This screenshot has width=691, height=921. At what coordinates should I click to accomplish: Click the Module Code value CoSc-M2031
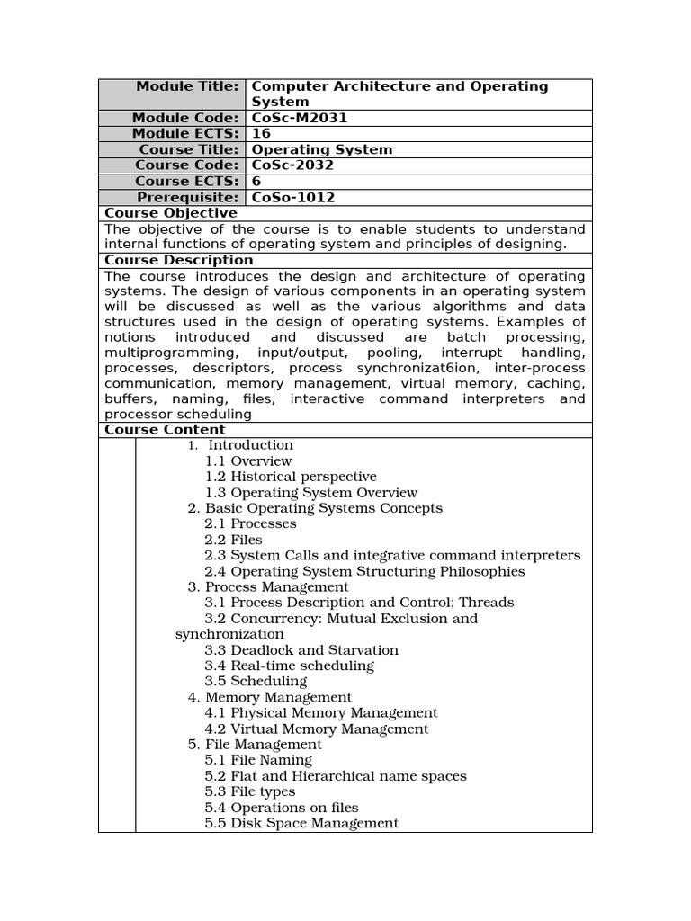299,118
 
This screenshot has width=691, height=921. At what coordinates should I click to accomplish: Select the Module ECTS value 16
260,134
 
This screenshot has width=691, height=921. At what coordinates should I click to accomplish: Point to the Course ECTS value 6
256,182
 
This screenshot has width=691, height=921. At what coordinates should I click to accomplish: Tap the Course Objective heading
171,213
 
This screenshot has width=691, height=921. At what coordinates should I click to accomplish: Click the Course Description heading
179,261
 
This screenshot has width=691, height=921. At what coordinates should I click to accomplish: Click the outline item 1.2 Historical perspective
291,477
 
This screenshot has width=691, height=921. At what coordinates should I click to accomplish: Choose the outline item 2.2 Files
233,540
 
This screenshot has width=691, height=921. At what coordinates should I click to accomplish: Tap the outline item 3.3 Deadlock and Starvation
301,650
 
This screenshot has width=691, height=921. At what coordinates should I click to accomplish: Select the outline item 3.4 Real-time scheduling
289,666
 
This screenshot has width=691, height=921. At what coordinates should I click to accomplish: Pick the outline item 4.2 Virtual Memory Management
316,729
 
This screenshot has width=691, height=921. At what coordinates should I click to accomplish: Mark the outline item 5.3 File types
249,791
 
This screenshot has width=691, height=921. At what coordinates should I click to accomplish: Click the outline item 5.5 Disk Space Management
301,823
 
